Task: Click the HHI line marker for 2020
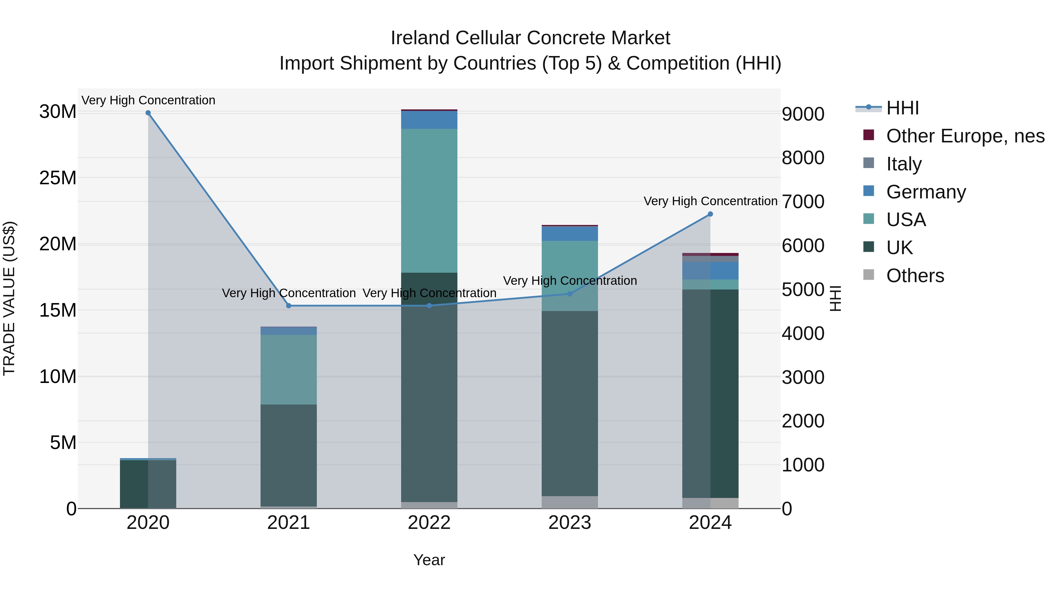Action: click(x=148, y=113)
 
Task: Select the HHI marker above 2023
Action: click(x=570, y=294)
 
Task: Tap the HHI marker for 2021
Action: click(x=289, y=306)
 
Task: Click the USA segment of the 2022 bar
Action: click(x=429, y=201)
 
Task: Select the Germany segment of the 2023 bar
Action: click(x=570, y=233)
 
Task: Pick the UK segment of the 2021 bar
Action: click(x=289, y=455)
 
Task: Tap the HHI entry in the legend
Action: click(x=902, y=108)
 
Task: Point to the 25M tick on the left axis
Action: click(x=58, y=178)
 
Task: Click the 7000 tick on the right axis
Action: click(x=803, y=202)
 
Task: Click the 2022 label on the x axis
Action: click(x=429, y=523)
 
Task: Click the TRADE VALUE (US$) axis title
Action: click(x=9, y=298)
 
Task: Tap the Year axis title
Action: click(x=429, y=560)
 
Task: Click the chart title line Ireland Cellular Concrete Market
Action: click(x=530, y=38)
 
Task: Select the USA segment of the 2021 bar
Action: click(x=289, y=370)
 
